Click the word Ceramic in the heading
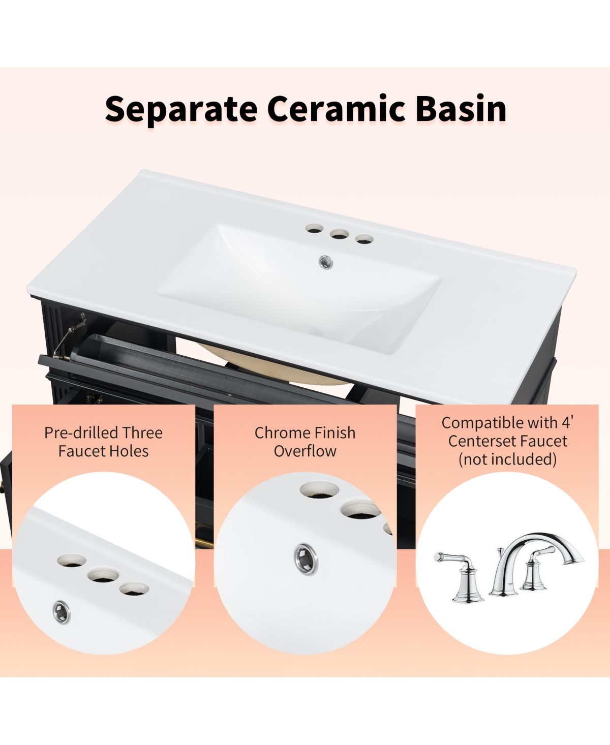pos(336,109)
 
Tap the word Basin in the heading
pos(461,109)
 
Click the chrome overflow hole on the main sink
pos(325,262)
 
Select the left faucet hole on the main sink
pos(314,229)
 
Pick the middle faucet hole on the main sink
pos(338,234)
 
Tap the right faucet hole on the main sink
pos(363,238)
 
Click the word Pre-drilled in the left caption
pos(82,433)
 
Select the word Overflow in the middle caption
pos(305,451)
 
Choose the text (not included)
pos(507,459)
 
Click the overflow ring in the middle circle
pos(306,558)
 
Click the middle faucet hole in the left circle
pos(103,576)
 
